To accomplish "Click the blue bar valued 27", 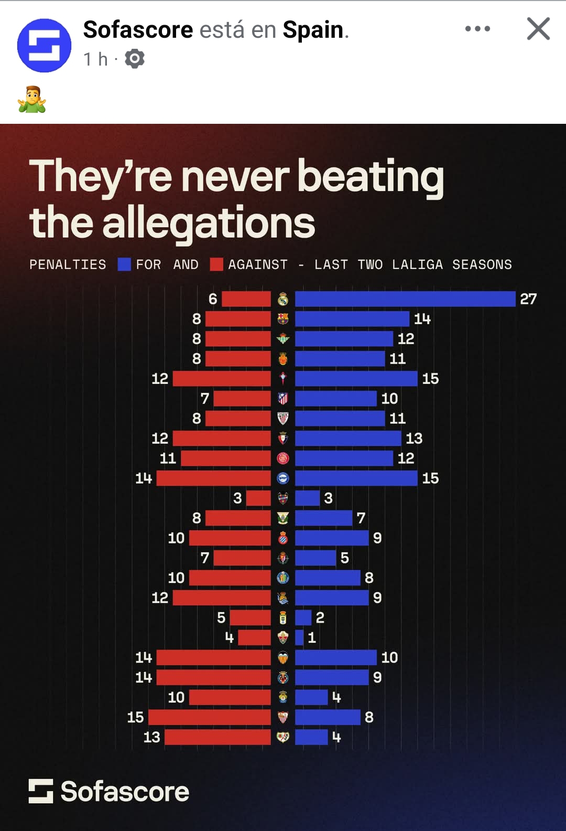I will [x=405, y=299].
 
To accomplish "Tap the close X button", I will [x=538, y=29].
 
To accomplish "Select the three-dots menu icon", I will [x=477, y=29].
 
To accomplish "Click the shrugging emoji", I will [x=32, y=99].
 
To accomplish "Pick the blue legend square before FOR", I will [x=124, y=264].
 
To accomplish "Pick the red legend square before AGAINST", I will [x=216, y=264].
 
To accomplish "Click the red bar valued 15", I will [x=210, y=717].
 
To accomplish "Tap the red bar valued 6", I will [x=246, y=299].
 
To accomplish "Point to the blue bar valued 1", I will [x=299, y=637].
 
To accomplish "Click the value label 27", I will [x=528, y=299].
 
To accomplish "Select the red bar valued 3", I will [x=258, y=498].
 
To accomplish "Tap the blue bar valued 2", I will [x=303, y=617].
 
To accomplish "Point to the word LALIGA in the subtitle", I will [x=417, y=264].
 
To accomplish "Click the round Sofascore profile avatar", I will [x=45, y=46].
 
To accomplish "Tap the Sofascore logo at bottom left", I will [x=109, y=791].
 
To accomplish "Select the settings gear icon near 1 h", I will [x=135, y=59].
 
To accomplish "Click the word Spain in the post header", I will [x=313, y=30].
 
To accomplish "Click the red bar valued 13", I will [x=217, y=737].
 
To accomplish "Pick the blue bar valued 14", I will [x=352, y=319].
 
